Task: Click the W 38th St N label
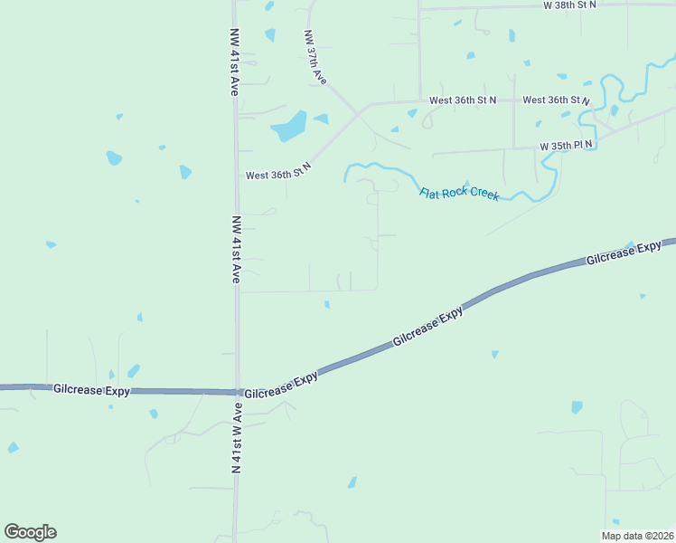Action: click(x=569, y=5)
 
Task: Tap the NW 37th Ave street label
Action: click(x=315, y=59)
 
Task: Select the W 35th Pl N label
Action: click(x=566, y=145)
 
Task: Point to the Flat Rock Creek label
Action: click(x=459, y=194)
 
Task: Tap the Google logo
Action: click(x=30, y=532)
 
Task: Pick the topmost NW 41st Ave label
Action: click(x=234, y=62)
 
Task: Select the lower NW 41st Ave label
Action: click(x=236, y=250)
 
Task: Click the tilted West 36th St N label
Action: click(x=278, y=170)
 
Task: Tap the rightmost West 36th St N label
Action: click(x=556, y=100)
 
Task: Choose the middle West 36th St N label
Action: click(x=463, y=100)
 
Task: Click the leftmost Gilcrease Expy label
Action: click(x=91, y=390)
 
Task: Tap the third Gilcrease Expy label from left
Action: click(x=428, y=328)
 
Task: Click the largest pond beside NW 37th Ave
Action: click(x=288, y=126)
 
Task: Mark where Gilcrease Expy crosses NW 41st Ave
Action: click(x=238, y=392)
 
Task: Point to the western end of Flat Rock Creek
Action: click(x=345, y=179)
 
